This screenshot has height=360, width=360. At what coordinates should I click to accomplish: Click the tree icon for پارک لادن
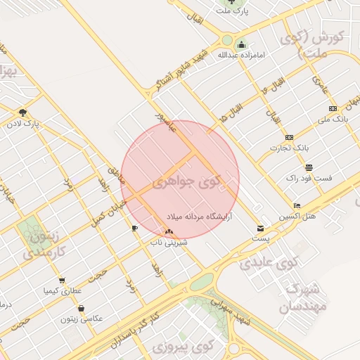point(23,112)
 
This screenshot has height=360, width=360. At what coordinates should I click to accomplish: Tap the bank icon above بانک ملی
point(333,108)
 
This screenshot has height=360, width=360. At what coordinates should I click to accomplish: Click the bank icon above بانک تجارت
point(289,137)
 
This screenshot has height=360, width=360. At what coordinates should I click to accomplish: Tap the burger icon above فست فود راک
point(309,167)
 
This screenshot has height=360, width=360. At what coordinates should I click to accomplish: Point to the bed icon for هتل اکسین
point(297,205)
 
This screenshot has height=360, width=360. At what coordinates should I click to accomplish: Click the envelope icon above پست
point(260,229)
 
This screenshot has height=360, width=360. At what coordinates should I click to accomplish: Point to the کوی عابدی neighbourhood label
point(270,262)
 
